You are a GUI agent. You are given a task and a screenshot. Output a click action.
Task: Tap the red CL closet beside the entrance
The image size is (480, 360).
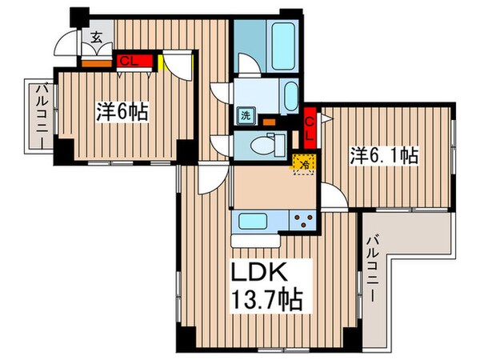127,59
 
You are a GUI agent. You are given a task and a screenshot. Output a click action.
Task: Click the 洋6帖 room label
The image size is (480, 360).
121,112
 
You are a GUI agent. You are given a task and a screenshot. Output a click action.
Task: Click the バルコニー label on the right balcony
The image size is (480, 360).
373,268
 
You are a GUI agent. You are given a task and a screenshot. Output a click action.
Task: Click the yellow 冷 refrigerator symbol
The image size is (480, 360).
303,162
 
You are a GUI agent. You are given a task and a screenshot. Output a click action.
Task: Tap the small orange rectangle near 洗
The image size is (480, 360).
269,122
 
